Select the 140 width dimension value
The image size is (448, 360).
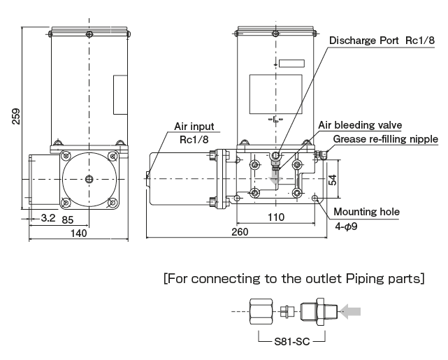tap(79, 233)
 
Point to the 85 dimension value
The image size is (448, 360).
tap(68, 218)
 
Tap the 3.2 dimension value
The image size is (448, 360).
tap(48, 218)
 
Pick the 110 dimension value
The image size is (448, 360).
tap(276, 218)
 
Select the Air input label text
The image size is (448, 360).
tap(192, 127)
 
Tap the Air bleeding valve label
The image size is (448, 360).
tap(360, 125)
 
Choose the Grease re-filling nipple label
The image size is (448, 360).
tap(385, 139)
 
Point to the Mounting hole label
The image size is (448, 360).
tap(366, 212)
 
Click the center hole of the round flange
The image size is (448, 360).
tap(89, 179)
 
